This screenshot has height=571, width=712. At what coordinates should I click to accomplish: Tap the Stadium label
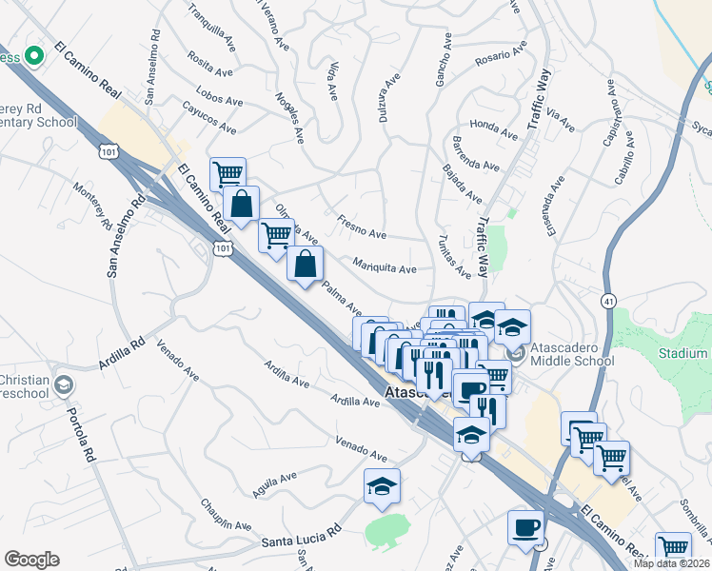(x=682, y=353)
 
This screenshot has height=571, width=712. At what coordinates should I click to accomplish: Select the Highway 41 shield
(x=607, y=302)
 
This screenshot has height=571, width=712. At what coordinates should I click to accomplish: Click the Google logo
(x=31, y=560)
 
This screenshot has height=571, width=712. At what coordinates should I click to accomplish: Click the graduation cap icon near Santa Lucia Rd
(x=382, y=486)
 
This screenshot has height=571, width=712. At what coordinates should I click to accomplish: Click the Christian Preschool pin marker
(x=64, y=385)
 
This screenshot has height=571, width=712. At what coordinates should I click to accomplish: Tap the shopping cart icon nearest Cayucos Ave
(x=227, y=174)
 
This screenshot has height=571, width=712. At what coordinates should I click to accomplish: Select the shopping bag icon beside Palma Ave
(x=305, y=265)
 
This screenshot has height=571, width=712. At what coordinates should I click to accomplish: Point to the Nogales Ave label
(x=287, y=117)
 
